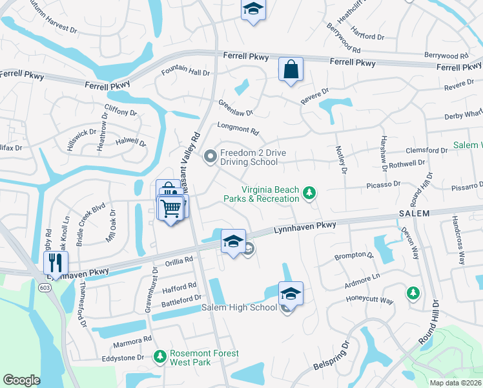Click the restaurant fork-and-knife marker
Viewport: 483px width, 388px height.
tap(54, 263)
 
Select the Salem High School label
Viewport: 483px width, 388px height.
tap(240, 308)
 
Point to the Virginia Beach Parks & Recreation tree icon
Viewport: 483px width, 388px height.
tap(310, 192)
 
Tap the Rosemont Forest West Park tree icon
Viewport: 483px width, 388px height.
tap(159, 356)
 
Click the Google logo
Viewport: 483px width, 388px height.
tap(21, 380)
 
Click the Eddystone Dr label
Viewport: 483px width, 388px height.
tap(123, 358)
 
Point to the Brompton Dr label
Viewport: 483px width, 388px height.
tap(354, 256)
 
